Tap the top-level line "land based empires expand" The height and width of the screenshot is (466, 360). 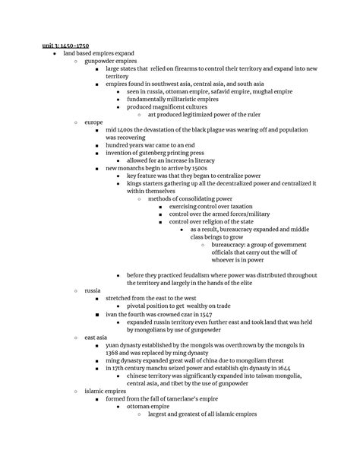click(x=99, y=53)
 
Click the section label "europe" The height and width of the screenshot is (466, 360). click(x=94, y=122)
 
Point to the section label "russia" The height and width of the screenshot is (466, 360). click(x=93, y=290)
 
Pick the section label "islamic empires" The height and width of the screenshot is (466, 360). click(x=104, y=391)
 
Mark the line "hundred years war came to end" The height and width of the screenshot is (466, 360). click(x=153, y=144)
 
